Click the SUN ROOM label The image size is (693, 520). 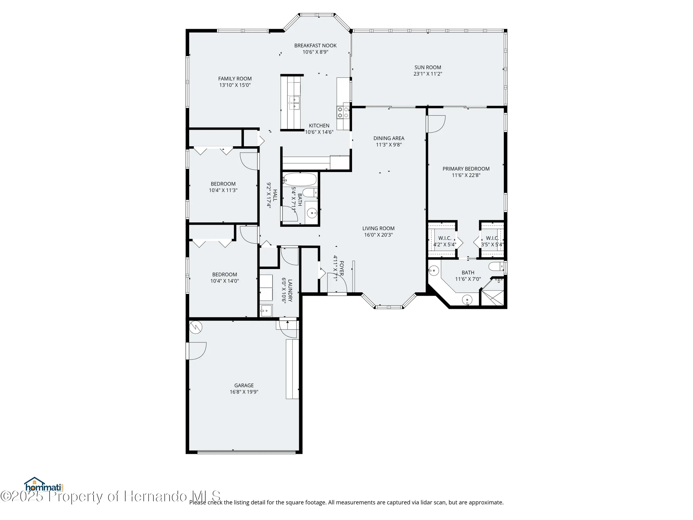click(x=428, y=67)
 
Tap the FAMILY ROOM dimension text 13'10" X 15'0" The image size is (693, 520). click(x=235, y=85)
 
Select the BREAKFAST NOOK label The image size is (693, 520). click(x=315, y=45)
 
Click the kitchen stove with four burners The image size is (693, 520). click(x=343, y=112)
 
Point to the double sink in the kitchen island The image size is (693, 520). click(x=294, y=103)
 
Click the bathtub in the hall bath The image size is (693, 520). click(x=300, y=180)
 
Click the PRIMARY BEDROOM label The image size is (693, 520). click(x=466, y=169)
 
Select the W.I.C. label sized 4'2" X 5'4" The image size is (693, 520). click(x=445, y=238)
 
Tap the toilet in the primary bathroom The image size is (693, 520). click(x=496, y=266)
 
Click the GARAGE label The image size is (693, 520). click(x=244, y=385)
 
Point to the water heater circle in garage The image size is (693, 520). click(x=196, y=327)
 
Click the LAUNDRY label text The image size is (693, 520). click(x=290, y=291)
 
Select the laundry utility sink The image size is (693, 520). click(x=266, y=310)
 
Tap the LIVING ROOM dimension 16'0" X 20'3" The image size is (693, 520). click(x=378, y=235)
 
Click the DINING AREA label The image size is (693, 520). click(x=388, y=138)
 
